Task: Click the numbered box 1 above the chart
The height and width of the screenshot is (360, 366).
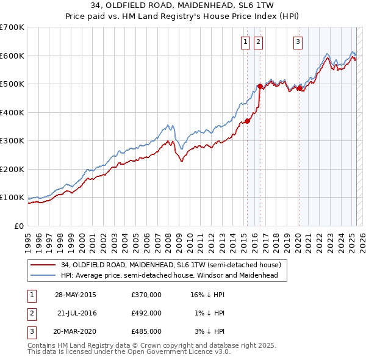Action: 245,42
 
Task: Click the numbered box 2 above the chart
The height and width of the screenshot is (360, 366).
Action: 258,42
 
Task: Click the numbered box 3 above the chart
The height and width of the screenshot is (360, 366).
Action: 298,42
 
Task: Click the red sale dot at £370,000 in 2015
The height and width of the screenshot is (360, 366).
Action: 248,121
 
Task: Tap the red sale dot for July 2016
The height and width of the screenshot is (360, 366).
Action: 260,86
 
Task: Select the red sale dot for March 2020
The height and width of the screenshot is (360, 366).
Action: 300,88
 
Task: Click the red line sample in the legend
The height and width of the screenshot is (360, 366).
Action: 43,265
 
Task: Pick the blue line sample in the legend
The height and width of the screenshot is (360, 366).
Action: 43,275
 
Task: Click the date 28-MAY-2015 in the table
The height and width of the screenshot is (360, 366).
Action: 75,295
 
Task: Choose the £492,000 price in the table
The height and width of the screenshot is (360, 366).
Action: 146,313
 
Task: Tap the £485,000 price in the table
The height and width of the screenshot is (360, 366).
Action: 146,331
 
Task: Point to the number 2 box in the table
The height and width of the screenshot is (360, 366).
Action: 31,313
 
